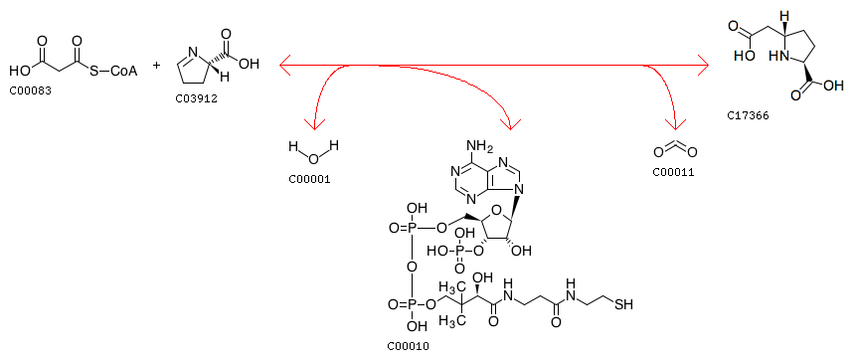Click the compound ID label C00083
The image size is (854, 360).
click(x=31, y=90)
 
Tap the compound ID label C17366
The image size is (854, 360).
click(x=749, y=115)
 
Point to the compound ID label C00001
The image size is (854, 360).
click(x=309, y=179)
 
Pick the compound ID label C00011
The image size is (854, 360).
click(x=674, y=173)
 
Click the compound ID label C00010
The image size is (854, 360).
click(x=408, y=346)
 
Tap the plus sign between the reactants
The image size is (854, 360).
click(x=157, y=66)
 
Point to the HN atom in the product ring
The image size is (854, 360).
click(x=777, y=56)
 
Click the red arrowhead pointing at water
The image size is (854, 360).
click(x=314, y=124)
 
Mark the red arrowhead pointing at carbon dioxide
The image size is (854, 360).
click(x=675, y=124)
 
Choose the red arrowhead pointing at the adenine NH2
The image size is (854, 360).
click(x=511, y=124)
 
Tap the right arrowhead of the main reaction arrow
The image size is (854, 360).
click(x=704, y=66)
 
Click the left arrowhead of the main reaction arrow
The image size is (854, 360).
click(x=285, y=66)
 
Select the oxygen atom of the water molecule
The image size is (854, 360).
click(x=313, y=159)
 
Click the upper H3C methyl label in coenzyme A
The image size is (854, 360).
click(x=447, y=286)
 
